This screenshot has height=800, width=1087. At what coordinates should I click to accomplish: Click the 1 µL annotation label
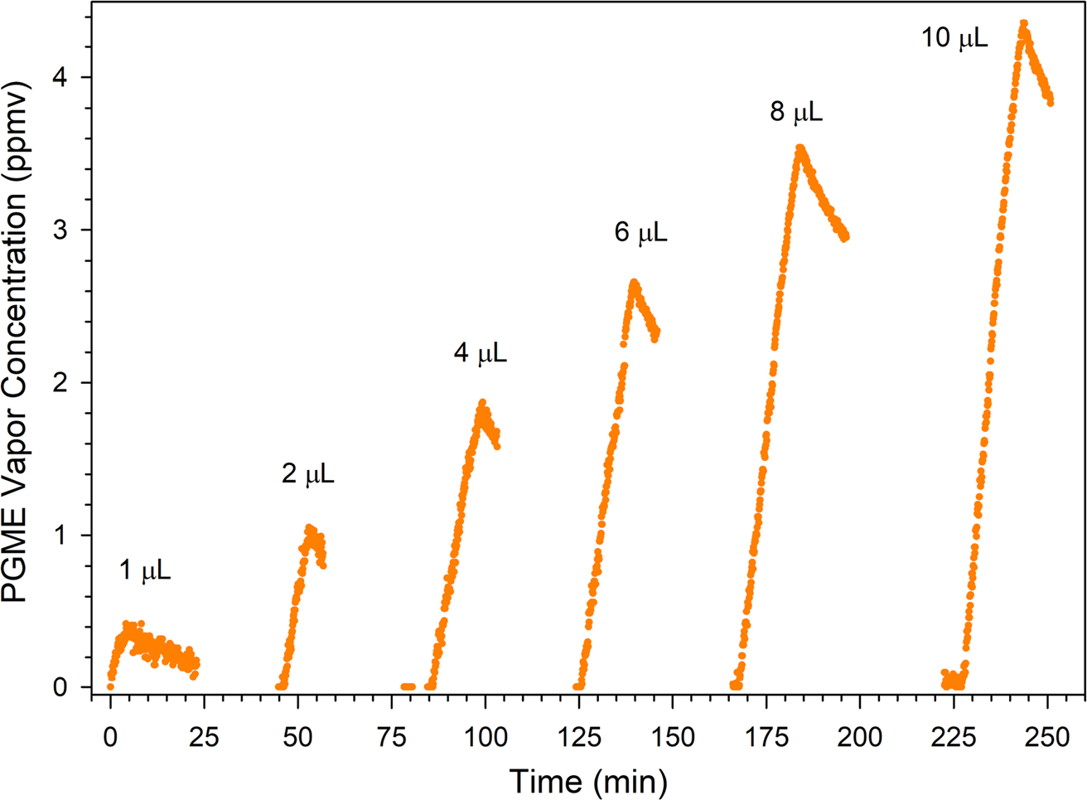point(145,571)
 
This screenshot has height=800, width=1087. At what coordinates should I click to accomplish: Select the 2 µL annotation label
point(308,475)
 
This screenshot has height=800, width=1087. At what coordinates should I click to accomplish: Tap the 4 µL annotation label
point(480,355)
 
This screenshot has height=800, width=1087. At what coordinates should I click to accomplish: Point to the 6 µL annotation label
point(640,234)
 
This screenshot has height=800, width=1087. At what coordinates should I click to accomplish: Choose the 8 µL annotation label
point(796,113)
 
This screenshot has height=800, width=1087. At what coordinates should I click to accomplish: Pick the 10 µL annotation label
point(954,39)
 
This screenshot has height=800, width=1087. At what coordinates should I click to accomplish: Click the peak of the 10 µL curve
point(1024,24)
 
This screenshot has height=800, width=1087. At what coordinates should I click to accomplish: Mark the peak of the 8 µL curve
point(800,148)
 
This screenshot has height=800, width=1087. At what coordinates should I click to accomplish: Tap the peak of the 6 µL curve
point(635,283)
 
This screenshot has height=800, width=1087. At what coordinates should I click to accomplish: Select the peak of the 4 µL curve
point(482,403)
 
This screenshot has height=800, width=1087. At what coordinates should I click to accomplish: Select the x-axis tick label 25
point(204,737)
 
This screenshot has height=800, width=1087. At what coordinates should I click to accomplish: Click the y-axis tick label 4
point(62,78)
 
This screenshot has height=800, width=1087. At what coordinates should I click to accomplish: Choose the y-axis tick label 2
point(62,383)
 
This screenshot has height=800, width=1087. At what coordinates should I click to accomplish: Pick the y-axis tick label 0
point(62,688)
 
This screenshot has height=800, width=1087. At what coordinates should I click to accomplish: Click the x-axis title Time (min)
point(587,780)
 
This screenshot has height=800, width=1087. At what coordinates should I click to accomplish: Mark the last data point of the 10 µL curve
point(1051,102)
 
